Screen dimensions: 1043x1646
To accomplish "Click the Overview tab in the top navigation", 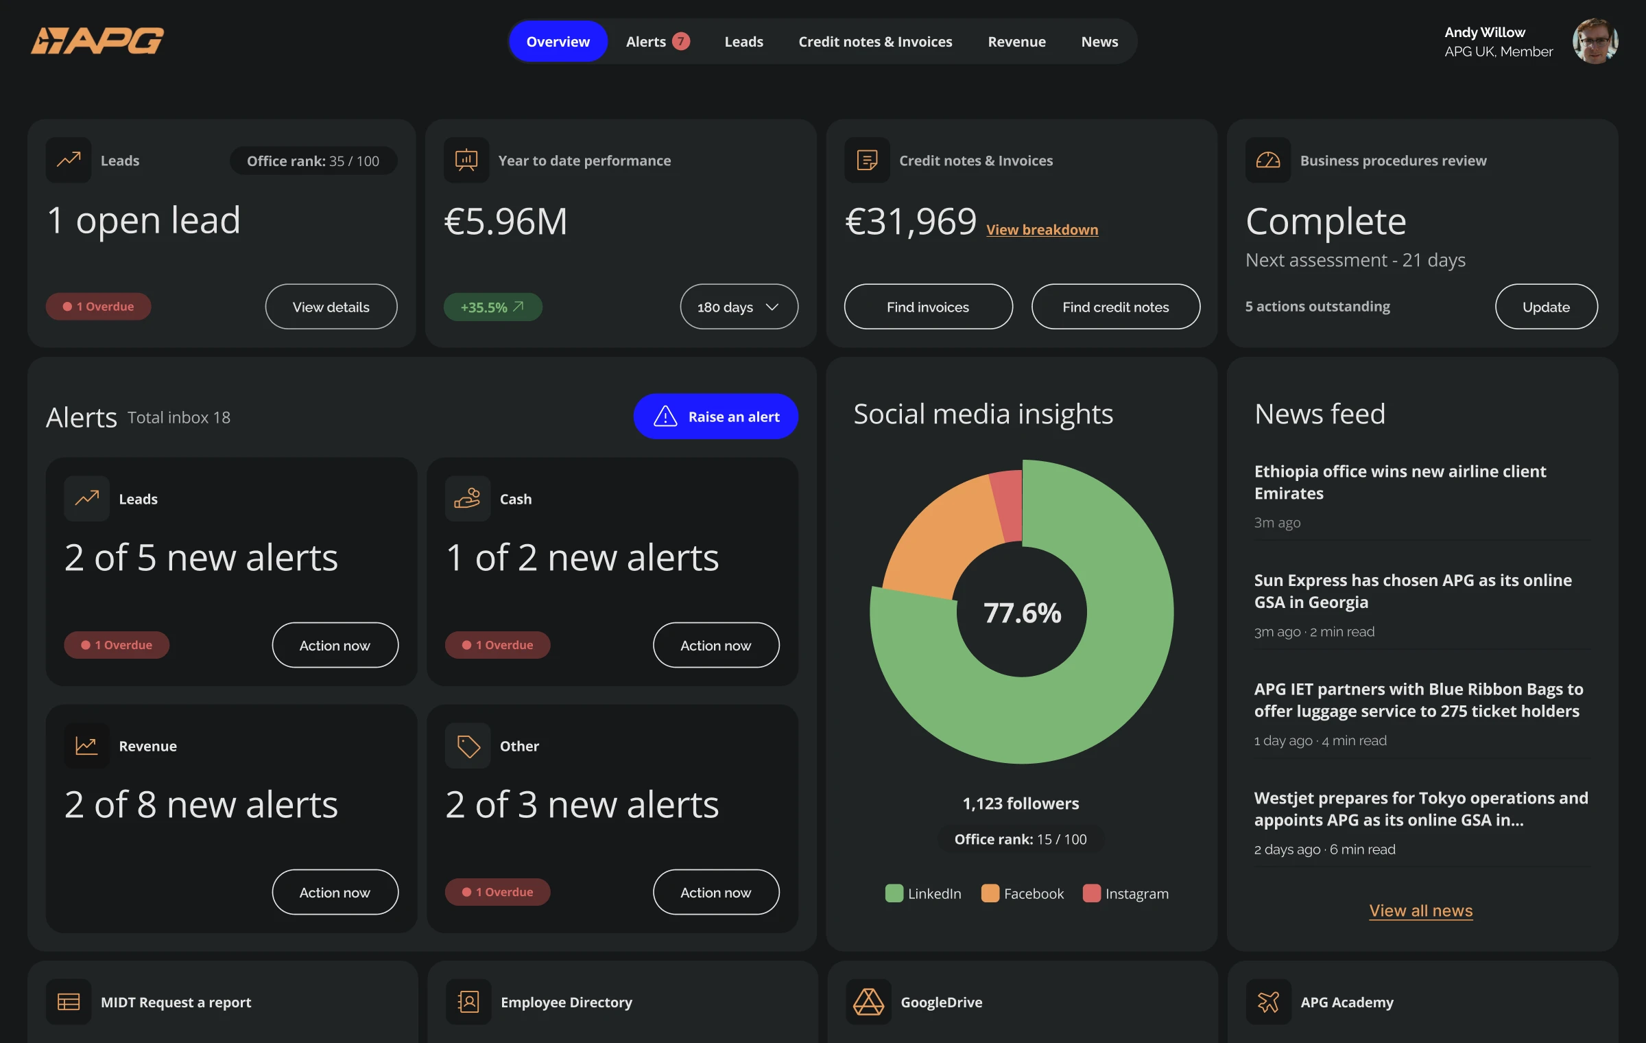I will [x=558, y=42].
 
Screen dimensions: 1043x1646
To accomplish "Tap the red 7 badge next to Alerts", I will [x=680, y=42].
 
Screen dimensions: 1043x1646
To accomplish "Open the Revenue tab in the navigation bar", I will [x=1016, y=42].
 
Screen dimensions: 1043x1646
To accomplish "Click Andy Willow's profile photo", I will [x=1595, y=41].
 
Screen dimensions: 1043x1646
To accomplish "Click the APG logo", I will [x=97, y=40].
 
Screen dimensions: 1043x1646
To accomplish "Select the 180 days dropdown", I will [x=739, y=307].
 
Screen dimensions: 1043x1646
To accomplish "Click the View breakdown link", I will [x=1042, y=230].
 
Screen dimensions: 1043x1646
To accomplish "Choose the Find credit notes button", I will [x=1115, y=307].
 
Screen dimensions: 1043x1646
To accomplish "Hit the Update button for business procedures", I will [x=1546, y=307].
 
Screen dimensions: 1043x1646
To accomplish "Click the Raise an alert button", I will [x=715, y=417].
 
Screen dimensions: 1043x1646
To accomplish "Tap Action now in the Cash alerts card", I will [x=715, y=645].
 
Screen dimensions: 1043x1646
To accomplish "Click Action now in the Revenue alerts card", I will [x=335, y=892].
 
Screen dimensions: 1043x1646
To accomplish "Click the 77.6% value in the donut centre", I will [x=1022, y=613].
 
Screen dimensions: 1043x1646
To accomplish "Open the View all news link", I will [x=1420, y=911].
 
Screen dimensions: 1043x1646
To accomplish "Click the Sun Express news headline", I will [x=1412, y=591].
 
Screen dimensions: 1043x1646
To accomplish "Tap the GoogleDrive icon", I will [x=868, y=1002].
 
